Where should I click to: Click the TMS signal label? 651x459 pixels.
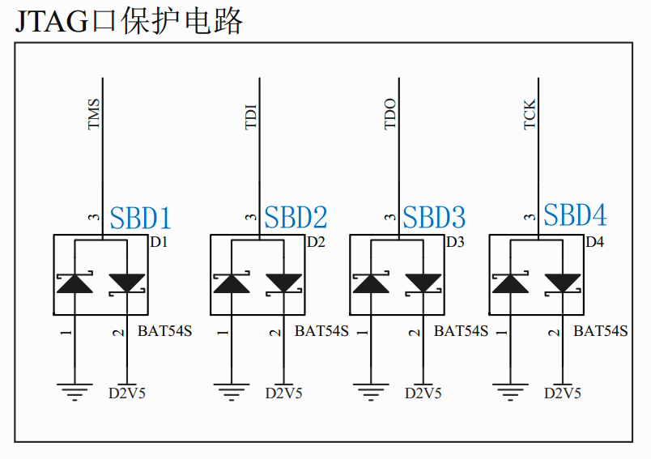(x=94, y=114)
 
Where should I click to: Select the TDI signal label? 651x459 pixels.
(x=251, y=117)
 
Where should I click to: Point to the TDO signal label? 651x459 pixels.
(x=390, y=114)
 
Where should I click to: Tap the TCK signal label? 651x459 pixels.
(x=530, y=114)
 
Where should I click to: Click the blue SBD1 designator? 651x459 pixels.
(x=141, y=218)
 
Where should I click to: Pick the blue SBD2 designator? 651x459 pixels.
(x=296, y=217)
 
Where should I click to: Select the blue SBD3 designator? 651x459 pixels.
(x=435, y=217)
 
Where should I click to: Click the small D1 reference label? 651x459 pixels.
(x=159, y=242)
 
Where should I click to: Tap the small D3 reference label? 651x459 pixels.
(x=455, y=242)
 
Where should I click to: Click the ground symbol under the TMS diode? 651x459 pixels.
(x=75, y=393)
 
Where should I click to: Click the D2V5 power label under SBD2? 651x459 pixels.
(x=284, y=393)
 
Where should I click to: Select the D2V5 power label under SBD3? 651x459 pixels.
(x=423, y=393)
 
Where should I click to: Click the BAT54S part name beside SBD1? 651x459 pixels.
(x=164, y=330)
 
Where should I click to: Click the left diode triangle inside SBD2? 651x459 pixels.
(x=232, y=283)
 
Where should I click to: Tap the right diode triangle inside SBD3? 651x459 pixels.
(x=423, y=283)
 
